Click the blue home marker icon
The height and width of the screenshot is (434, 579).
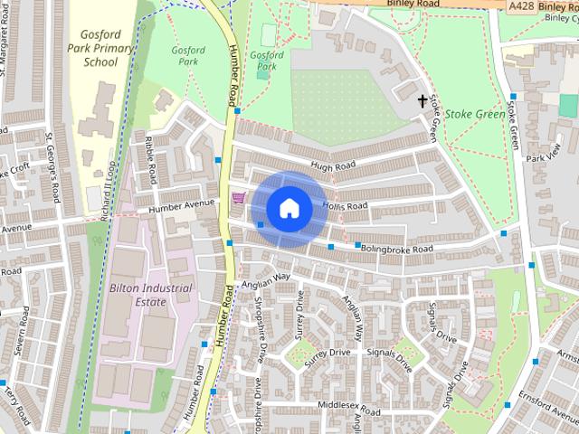(289, 208)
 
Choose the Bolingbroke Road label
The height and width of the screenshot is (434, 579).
(395, 248)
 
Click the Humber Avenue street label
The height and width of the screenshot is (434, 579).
(182, 207)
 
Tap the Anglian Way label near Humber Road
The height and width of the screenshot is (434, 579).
(266, 278)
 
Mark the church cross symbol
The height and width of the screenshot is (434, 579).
(422, 101)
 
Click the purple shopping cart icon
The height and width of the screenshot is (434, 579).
(238, 197)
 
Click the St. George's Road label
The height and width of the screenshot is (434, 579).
(54, 166)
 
